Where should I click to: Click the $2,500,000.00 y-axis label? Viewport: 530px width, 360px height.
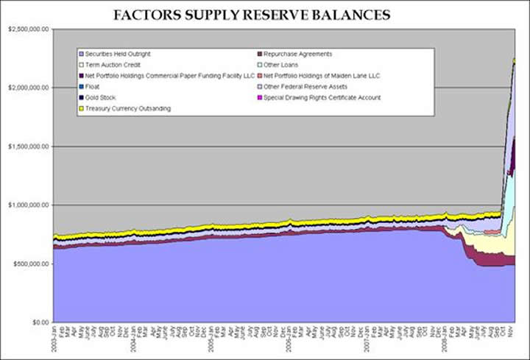[26, 29]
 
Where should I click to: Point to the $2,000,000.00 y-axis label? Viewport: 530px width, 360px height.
[26, 88]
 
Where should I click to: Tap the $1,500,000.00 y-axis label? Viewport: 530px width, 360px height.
[26, 147]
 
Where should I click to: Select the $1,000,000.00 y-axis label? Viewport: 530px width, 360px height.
[26, 205]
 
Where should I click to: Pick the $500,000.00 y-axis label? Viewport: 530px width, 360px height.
[29, 264]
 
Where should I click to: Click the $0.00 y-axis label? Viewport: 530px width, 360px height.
[38, 322]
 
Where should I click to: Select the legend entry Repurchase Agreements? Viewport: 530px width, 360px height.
[297, 54]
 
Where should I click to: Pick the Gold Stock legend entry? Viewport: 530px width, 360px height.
[102, 97]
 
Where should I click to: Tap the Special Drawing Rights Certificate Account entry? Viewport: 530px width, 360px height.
[322, 97]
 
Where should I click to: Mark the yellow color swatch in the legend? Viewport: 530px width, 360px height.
[82, 108]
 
